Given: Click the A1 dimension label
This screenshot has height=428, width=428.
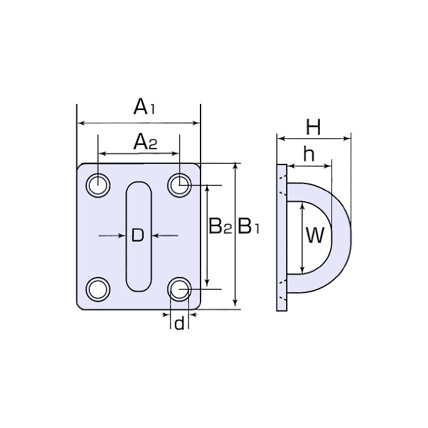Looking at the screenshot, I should click(x=145, y=108).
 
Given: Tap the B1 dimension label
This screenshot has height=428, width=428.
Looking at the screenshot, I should click(x=249, y=227).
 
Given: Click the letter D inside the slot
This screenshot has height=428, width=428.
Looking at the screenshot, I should click(x=138, y=235).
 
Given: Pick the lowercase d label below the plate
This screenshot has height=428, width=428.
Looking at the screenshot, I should click(x=179, y=323).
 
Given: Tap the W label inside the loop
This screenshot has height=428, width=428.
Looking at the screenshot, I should click(x=315, y=235).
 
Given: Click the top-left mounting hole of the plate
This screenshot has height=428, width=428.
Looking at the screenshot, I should click(x=97, y=185).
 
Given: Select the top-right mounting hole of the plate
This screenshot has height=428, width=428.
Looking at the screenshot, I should click(x=179, y=184).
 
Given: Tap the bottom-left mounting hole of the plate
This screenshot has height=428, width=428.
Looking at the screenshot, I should click(x=97, y=288).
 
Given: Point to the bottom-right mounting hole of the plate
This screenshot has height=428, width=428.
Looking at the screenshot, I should click(x=179, y=288).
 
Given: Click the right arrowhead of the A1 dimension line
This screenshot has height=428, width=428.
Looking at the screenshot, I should click(x=197, y=124).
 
